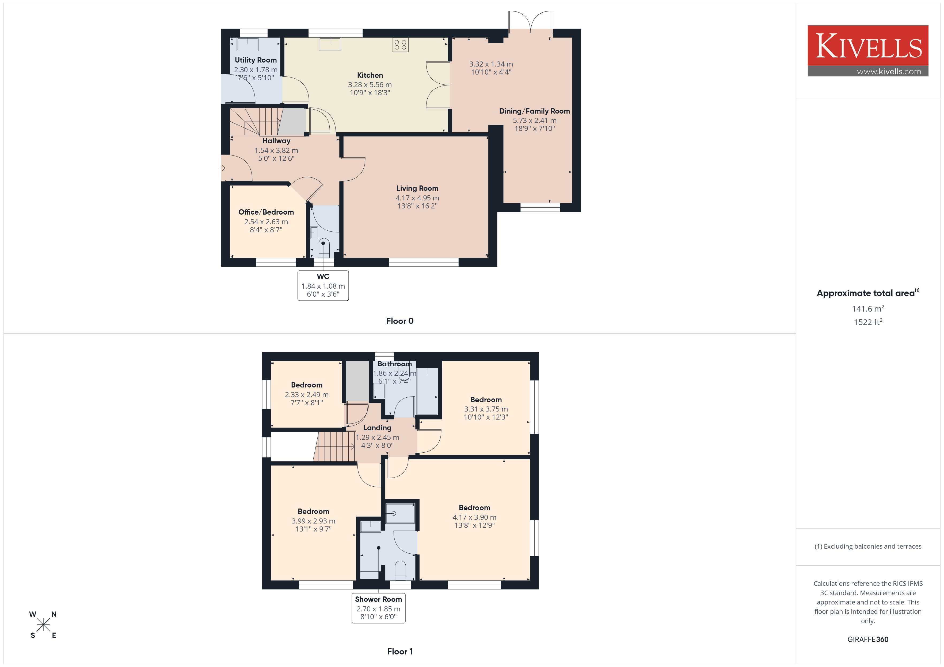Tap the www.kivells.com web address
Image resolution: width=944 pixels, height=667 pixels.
click(889, 71)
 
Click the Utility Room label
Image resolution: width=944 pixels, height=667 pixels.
click(256, 60)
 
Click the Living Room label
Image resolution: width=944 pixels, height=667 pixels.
click(417, 188)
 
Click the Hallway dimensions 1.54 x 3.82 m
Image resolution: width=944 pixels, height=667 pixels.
click(276, 150)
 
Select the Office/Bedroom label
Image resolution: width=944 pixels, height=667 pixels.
click(266, 212)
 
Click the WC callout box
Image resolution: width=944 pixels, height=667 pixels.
click(323, 285)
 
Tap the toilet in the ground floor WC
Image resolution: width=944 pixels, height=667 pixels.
click(323, 248)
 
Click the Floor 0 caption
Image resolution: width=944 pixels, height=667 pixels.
click(400, 321)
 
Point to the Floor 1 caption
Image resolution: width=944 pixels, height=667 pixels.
click(400, 652)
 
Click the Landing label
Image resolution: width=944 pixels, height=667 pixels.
click(377, 428)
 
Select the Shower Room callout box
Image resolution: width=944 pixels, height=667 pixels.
click(378, 608)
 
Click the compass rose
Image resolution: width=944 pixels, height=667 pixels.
click(43, 625)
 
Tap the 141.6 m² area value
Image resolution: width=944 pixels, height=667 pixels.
click(868, 308)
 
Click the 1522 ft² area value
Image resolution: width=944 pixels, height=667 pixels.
click(868, 322)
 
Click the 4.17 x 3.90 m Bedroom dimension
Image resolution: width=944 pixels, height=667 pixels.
click(474, 518)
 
